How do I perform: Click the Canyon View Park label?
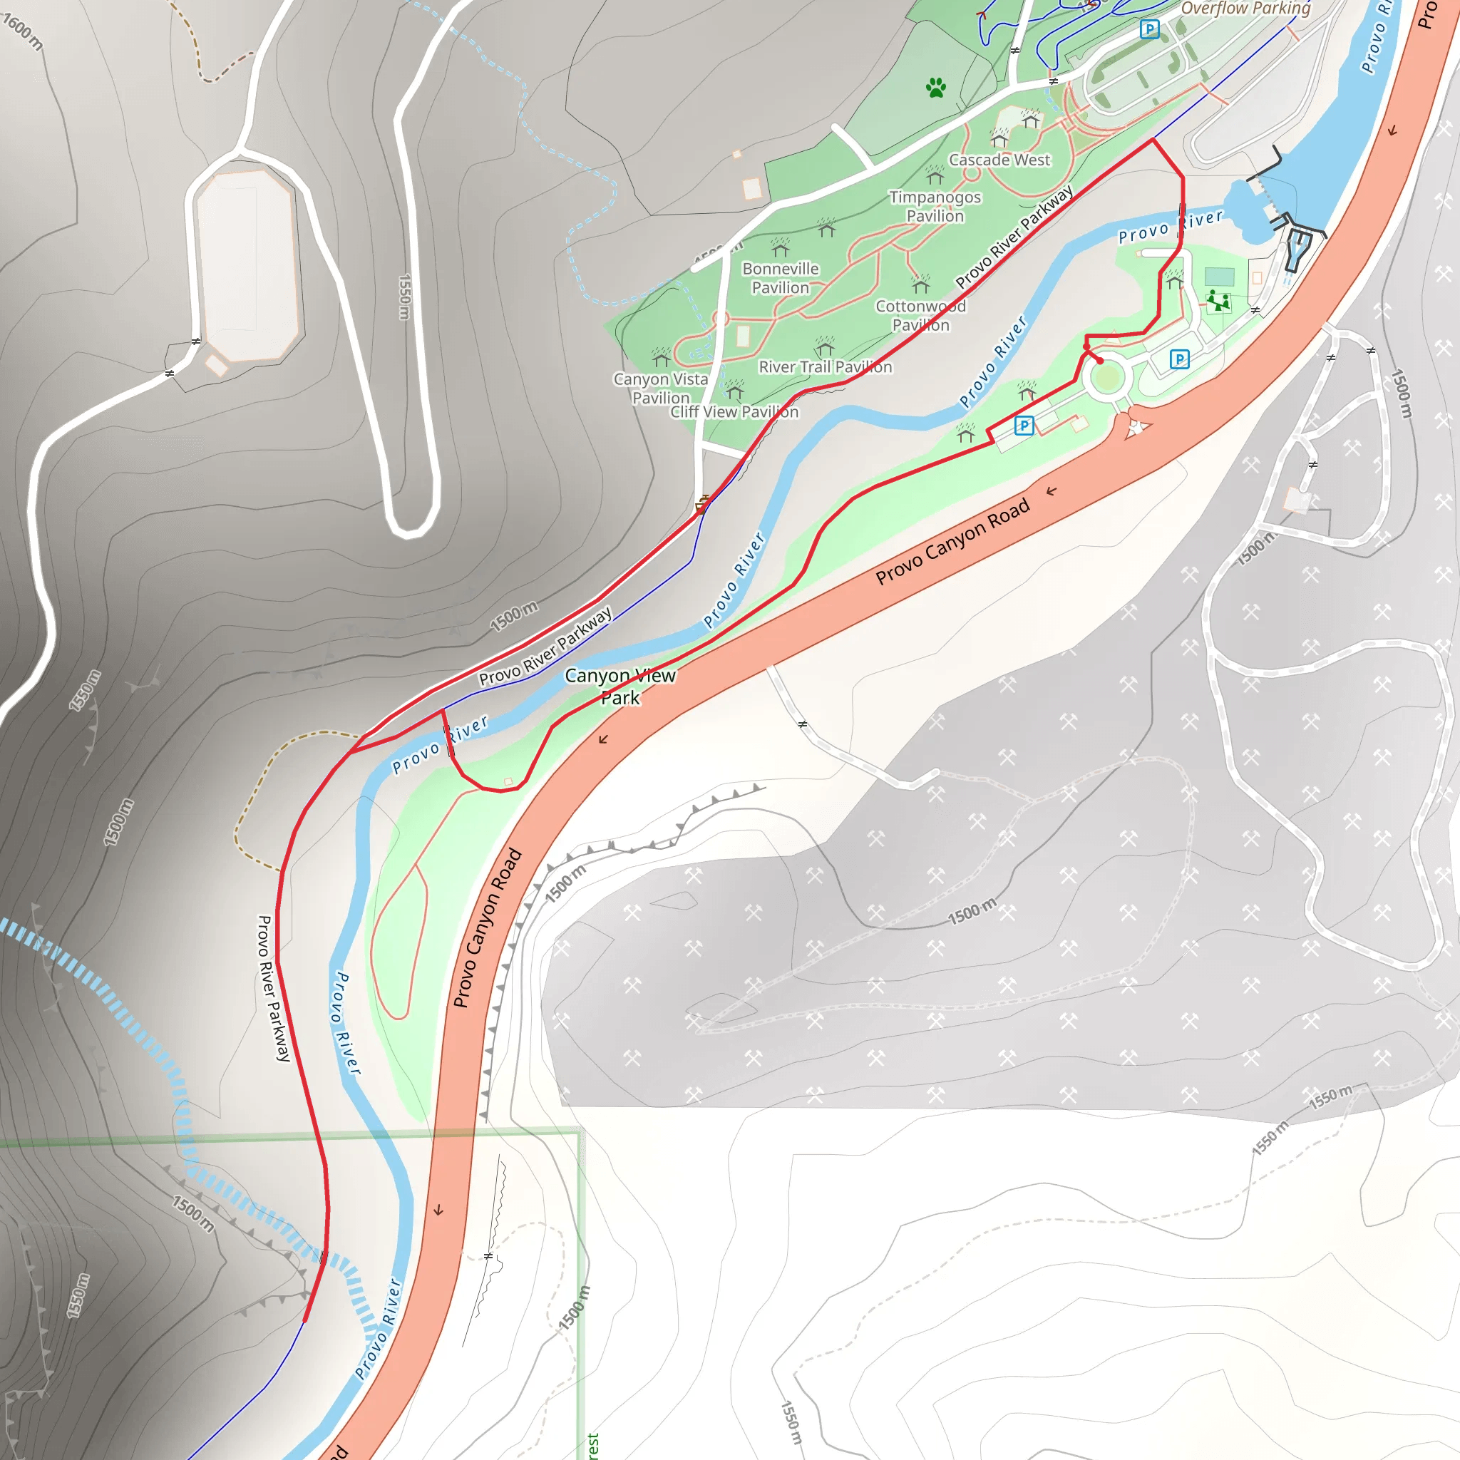(x=620, y=687)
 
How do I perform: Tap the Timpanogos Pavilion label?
(x=935, y=206)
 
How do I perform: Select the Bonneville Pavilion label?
(x=780, y=278)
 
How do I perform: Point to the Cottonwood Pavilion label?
(x=920, y=315)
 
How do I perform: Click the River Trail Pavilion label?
(x=826, y=367)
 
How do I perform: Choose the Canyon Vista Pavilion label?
(x=660, y=388)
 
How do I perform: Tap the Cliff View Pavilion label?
(x=734, y=412)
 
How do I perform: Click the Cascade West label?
(x=999, y=160)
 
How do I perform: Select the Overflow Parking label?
(x=1245, y=9)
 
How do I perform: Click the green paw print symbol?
(x=935, y=88)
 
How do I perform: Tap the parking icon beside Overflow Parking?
(x=1148, y=29)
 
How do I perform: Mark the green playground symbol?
(x=1218, y=301)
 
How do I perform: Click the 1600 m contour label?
(x=23, y=32)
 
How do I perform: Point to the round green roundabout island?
(x=1106, y=378)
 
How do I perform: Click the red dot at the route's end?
(x=1100, y=361)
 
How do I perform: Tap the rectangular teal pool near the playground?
(x=1219, y=276)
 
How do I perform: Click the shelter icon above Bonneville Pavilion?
(x=780, y=247)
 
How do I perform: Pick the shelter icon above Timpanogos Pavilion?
(x=935, y=175)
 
